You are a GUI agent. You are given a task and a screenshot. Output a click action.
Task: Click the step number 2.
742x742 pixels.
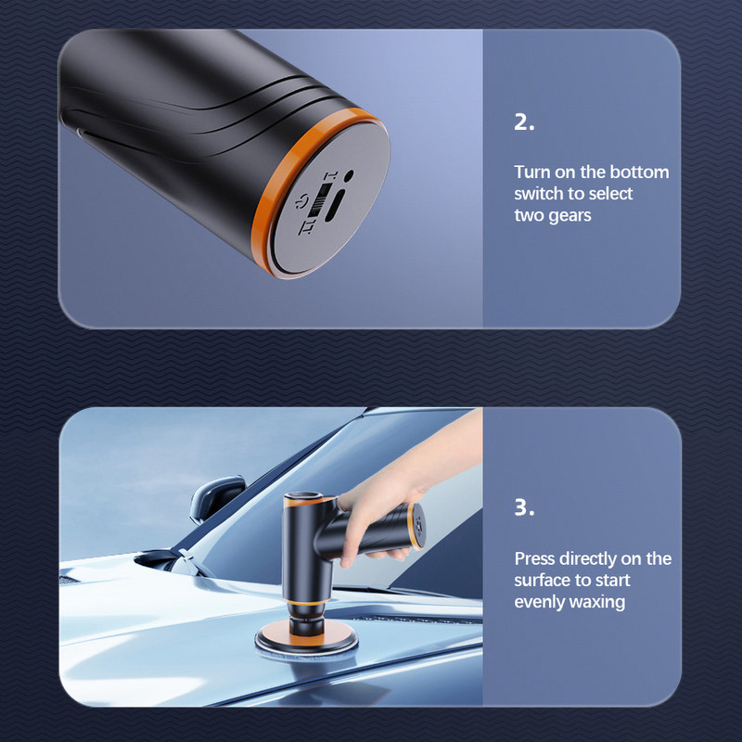[x=524, y=123]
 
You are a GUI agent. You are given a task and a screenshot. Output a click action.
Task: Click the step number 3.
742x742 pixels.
[x=524, y=509]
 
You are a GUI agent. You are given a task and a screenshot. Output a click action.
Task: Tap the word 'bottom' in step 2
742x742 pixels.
[x=638, y=173]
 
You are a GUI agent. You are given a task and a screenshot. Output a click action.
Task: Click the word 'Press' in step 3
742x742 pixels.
[x=535, y=558]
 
